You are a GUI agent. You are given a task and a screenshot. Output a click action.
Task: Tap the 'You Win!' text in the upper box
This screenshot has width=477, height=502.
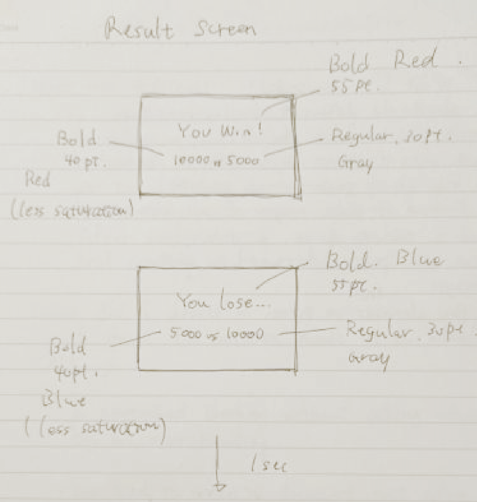point(220,131)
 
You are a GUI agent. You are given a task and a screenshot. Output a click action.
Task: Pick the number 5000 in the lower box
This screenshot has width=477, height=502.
point(185,334)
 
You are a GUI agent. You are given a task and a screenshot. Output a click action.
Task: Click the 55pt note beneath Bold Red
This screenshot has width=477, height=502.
point(351,87)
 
